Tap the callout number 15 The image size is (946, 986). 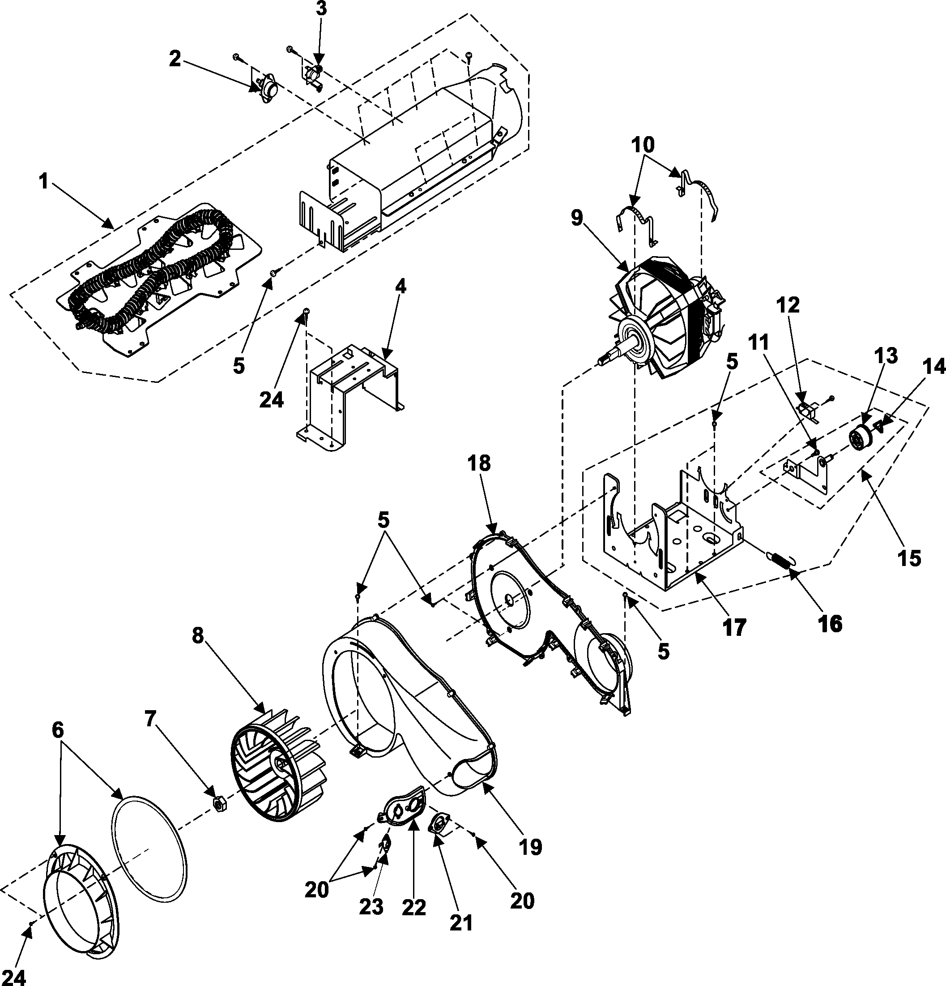909,558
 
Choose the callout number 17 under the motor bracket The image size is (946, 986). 734,628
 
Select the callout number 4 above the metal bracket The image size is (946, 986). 400,287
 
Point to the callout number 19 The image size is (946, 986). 531,848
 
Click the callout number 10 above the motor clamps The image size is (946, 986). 643,146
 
